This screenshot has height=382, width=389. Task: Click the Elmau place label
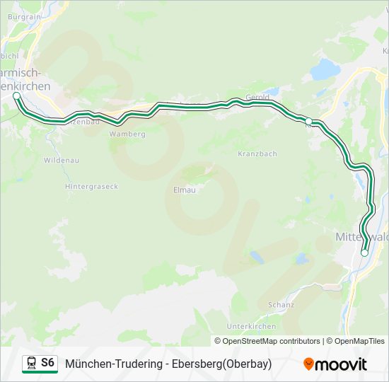(x=184, y=190)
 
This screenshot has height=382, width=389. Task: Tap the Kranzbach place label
(x=257, y=154)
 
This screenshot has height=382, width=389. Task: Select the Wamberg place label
(x=127, y=134)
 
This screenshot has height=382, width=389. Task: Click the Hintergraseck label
(x=91, y=187)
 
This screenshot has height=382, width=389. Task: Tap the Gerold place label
(x=257, y=97)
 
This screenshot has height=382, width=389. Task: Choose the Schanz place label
(x=281, y=305)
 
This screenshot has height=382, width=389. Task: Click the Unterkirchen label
(x=251, y=326)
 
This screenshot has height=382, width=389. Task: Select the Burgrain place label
(x=25, y=15)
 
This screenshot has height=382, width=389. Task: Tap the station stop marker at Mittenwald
(x=364, y=253)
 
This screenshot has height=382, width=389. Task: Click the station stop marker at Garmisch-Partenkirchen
(x=17, y=95)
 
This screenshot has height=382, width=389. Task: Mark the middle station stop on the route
(x=309, y=121)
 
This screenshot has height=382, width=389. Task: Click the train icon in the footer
(x=30, y=364)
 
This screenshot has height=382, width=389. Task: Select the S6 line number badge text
(x=47, y=363)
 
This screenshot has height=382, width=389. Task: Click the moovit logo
(x=335, y=364)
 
